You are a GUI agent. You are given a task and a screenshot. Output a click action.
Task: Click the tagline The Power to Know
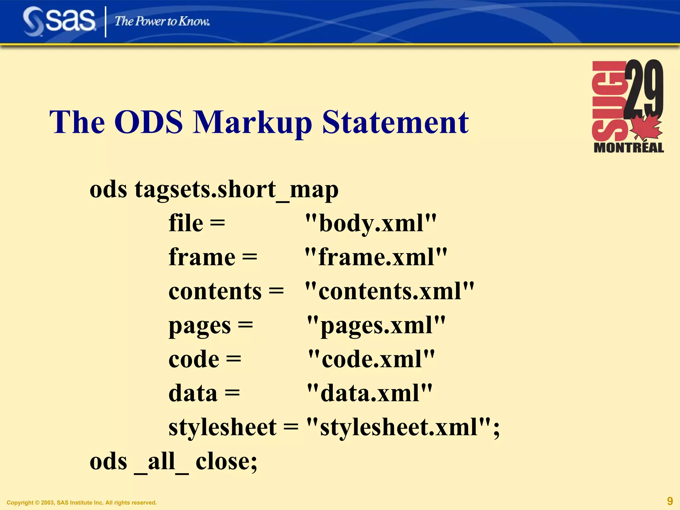[x=162, y=22]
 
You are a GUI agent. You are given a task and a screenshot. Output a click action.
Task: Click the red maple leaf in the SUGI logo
[x=646, y=128]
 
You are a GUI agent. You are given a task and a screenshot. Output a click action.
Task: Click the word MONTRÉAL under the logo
[x=629, y=148]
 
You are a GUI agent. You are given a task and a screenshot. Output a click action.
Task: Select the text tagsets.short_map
[x=236, y=190]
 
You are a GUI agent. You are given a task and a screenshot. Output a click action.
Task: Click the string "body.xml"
[x=371, y=223]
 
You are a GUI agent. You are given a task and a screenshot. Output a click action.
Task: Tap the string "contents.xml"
[x=390, y=291]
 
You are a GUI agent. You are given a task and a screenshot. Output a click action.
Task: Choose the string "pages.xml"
[x=376, y=325]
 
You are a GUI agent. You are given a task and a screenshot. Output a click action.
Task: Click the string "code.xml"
[x=371, y=359]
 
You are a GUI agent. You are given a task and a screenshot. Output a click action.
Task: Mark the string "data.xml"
[x=370, y=393]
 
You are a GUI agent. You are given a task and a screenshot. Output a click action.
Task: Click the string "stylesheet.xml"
[x=398, y=427]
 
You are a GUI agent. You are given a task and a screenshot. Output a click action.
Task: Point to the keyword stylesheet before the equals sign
[x=222, y=427]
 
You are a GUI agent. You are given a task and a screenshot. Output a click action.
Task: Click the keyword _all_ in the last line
[x=161, y=462]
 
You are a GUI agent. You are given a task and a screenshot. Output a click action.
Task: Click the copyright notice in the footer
[x=82, y=502]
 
